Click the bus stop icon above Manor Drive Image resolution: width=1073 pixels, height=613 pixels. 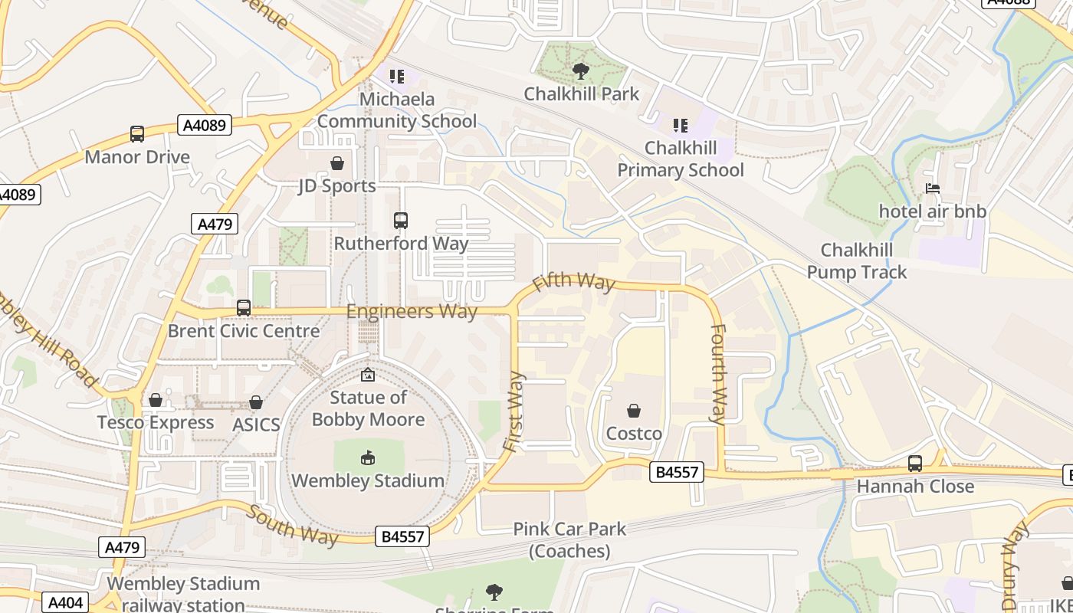click(x=137, y=134)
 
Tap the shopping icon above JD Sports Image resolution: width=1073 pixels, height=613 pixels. click(x=336, y=163)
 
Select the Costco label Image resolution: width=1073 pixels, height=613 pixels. click(x=634, y=434)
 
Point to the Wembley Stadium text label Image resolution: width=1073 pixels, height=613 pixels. click(x=368, y=481)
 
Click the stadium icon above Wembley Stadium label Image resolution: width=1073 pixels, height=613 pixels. click(x=368, y=458)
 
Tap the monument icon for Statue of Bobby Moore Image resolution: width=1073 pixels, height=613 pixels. click(x=368, y=375)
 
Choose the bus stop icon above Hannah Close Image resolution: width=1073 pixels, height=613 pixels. click(x=914, y=464)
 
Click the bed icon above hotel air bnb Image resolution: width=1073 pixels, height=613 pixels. click(x=932, y=188)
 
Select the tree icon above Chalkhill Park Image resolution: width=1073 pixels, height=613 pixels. click(x=581, y=71)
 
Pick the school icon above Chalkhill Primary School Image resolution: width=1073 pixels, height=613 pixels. click(x=680, y=125)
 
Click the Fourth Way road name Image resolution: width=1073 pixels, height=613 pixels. click(x=718, y=374)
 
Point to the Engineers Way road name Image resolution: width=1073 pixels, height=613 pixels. click(x=412, y=312)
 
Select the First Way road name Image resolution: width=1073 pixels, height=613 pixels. click(x=514, y=411)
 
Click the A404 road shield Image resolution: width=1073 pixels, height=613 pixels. click(x=65, y=603)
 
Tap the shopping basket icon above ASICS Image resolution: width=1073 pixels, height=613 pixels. click(x=256, y=402)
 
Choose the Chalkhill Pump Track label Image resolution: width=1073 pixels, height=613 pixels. click(x=856, y=261)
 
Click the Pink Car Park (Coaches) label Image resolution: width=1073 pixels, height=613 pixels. click(x=569, y=539)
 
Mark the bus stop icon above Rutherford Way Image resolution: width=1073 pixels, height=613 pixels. click(x=400, y=221)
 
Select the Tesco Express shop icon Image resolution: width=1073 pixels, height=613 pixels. click(x=156, y=400)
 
